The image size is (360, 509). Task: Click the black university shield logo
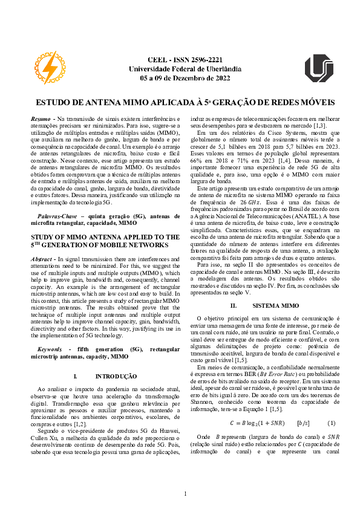coord(318,68)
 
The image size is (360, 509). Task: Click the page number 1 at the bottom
coord(185,494)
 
